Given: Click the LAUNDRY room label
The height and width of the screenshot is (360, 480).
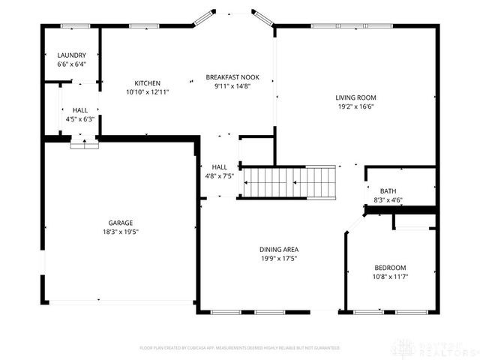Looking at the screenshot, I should click(x=71, y=55).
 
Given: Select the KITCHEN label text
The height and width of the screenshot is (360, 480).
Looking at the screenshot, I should click(x=147, y=82).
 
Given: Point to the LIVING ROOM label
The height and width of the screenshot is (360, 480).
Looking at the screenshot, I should click(x=355, y=97).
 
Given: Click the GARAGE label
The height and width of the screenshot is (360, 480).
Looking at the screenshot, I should click(x=120, y=223).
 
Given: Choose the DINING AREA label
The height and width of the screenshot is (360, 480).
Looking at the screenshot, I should click(x=280, y=250).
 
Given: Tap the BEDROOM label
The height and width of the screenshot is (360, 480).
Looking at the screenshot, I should click(x=390, y=268).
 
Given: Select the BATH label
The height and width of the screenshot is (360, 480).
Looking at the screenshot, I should click(x=388, y=190).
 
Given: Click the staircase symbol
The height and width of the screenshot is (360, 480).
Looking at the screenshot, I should click(x=291, y=181).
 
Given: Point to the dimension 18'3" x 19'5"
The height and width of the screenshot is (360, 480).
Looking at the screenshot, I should click(x=120, y=232).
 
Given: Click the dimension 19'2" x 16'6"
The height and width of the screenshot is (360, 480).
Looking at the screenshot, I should click(x=355, y=106).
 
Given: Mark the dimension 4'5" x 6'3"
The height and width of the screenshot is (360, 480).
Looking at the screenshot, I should click(x=79, y=119).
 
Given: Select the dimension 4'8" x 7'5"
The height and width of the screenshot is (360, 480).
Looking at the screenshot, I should click(x=220, y=176).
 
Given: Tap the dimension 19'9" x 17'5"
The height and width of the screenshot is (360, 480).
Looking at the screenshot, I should click(x=280, y=259).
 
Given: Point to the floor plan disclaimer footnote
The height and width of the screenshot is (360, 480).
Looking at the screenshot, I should click(x=240, y=348).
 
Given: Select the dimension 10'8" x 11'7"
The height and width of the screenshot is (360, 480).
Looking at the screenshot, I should click(x=390, y=277).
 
